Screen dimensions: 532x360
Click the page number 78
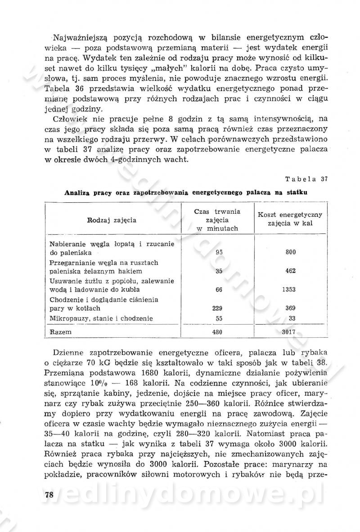click(x=49, y=495)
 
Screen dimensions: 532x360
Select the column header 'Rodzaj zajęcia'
click(x=112, y=220)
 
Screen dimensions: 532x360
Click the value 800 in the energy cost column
click(x=291, y=252)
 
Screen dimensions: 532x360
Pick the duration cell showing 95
click(x=219, y=252)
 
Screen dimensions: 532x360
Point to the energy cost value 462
click(x=291, y=271)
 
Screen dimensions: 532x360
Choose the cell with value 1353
click(x=291, y=290)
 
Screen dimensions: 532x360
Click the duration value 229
click(x=219, y=308)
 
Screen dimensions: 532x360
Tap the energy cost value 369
click(x=291, y=308)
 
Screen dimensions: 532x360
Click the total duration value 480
click(x=219, y=332)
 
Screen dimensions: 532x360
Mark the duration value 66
click(x=219, y=290)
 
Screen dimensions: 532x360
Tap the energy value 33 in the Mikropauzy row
click(x=291, y=318)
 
